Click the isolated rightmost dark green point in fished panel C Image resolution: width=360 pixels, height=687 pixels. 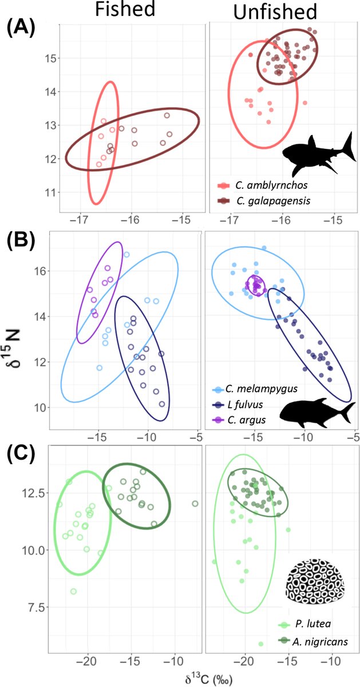coord(195,504)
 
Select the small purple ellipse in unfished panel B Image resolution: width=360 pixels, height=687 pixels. coord(255,285)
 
